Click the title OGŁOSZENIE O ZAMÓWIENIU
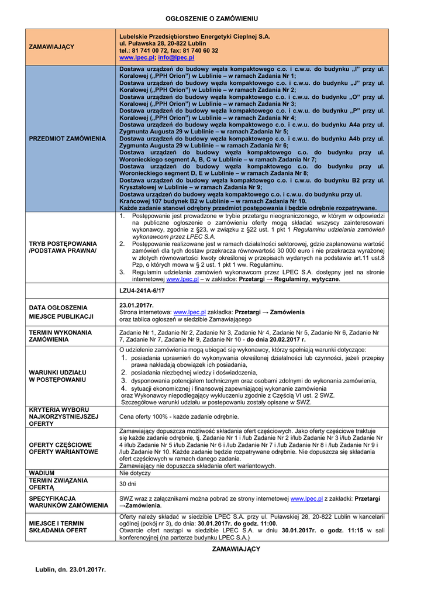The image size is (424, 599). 212,19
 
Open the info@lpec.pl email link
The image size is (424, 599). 176,58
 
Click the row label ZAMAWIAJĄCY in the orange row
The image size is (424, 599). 51,47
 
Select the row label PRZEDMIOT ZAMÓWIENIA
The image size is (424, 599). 67,138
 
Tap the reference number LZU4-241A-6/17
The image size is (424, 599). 142,290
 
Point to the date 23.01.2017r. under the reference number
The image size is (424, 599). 136,305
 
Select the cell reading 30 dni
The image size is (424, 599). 127,484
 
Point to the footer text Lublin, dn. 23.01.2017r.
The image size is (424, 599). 70,569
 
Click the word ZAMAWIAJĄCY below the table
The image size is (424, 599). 236,549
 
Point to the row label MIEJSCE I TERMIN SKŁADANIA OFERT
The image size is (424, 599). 58,527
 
